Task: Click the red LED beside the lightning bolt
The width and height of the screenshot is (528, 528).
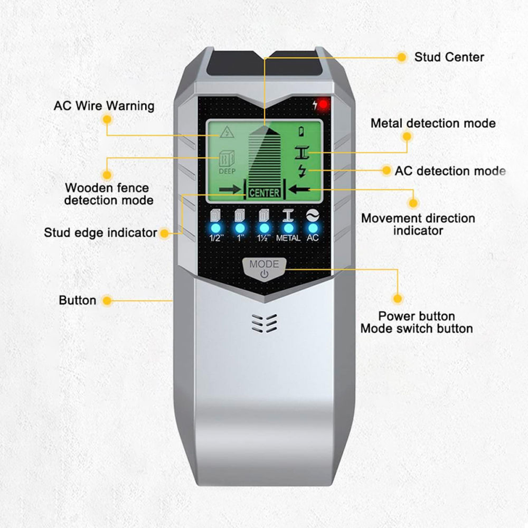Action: pyautogui.click(x=323, y=105)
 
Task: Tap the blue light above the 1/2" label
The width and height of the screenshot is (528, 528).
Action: pyautogui.click(x=215, y=228)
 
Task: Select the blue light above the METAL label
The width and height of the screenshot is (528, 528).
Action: pyautogui.click(x=288, y=228)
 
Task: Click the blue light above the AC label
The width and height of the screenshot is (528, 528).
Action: pyautogui.click(x=313, y=228)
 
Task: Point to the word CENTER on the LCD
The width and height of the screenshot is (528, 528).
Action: pyautogui.click(x=265, y=193)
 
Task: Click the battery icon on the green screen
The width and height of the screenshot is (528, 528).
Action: pyautogui.click(x=301, y=131)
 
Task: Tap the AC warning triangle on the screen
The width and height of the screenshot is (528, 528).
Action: pyautogui.click(x=227, y=132)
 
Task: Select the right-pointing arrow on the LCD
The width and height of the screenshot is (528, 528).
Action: pyautogui.click(x=230, y=190)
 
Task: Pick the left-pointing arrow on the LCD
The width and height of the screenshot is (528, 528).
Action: pyautogui.click(x=299, y=189)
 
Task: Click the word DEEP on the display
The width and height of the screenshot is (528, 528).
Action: pyautogui.click(x=227, y=172)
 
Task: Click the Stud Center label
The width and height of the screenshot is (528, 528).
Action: pyautogui.click(x=449, y=57)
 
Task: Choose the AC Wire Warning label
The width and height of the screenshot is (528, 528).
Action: pyautogui.click(x=104, y=106)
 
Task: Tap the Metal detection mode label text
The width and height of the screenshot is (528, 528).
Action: pyautogui.click(x=433, y=123)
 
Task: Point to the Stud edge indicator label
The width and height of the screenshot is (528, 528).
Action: pyautogui.click(x=100, y=233)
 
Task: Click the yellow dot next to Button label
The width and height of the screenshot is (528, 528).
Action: pyautogui.click(x=107, y=300)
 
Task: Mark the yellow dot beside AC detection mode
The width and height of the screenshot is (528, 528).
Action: pyautogui.click(x=386, y=171)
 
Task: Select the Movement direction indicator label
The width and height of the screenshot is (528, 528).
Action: pyautogui.click(x=418, y=224)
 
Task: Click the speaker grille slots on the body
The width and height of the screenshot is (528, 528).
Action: pyautogui.click(x=265, y=323)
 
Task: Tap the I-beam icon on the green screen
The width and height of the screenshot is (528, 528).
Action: pyautogui.click(x=302, y=153)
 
